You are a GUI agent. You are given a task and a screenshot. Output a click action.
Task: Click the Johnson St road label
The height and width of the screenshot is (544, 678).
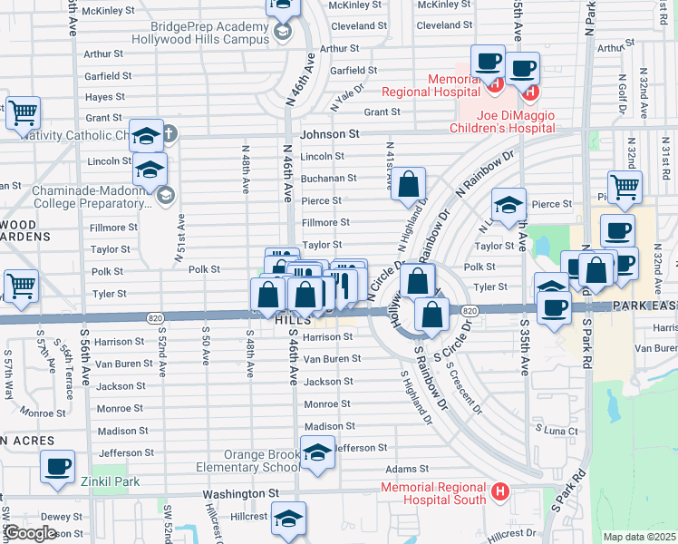tap(330, 133)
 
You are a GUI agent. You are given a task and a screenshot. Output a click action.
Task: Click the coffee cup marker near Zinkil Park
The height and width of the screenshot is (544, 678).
tap(59, 466)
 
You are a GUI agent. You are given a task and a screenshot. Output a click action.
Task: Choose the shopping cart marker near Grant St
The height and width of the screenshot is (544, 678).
tap(24, 113)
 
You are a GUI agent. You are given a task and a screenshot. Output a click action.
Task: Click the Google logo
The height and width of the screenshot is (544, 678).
tap(30, 533)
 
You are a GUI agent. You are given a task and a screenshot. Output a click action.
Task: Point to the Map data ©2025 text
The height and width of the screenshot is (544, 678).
tap(639, 537)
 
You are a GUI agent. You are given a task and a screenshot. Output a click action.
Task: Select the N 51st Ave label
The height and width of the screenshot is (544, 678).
tap(179, 239)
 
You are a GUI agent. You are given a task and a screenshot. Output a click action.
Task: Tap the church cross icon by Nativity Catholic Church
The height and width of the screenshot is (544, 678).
tap(169, 136)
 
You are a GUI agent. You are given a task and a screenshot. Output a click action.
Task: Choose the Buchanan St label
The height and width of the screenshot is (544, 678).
tap(328, 179)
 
